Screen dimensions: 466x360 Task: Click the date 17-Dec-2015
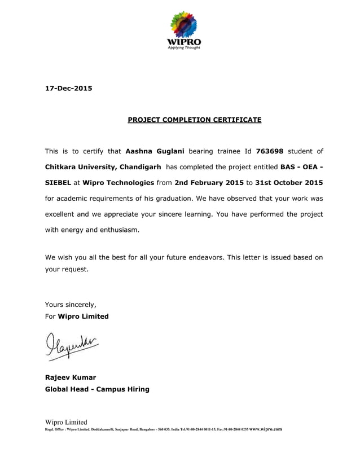click(x=68, y=88)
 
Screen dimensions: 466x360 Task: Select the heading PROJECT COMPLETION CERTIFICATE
click(x=194, y=120)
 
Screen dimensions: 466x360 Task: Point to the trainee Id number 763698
click(x=269, y=151)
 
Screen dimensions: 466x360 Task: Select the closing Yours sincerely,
click(x=71, y=305)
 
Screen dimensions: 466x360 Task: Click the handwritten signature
click(x=69, y=344)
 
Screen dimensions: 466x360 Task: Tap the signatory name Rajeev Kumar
click(x=71, y=377)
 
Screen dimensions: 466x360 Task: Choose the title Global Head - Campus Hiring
click(x=97, y=389)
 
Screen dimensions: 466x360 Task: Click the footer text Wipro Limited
click(x=66, y=422)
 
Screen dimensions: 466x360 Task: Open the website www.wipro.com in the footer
click(x=265, y=429)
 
